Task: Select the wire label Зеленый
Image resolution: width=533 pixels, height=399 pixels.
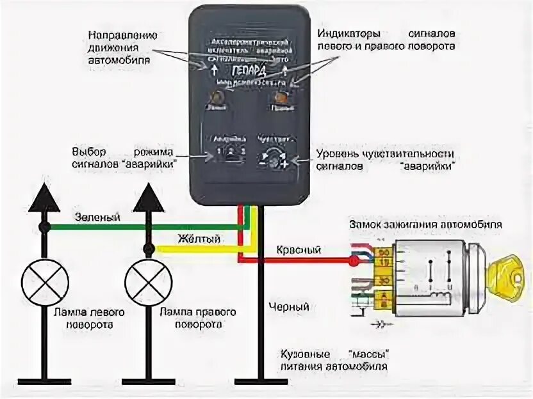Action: pos(98,217)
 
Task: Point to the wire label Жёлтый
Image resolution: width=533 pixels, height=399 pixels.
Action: pos(200,239)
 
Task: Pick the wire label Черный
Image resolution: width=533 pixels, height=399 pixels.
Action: pos(289,307)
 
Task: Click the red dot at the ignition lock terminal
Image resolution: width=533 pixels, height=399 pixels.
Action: pos(353,261)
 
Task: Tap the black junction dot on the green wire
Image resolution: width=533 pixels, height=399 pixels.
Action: pos(44,227)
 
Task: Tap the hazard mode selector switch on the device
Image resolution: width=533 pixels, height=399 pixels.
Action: pos(227,153)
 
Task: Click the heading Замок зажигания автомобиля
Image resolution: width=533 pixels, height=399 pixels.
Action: pos(424,225)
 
